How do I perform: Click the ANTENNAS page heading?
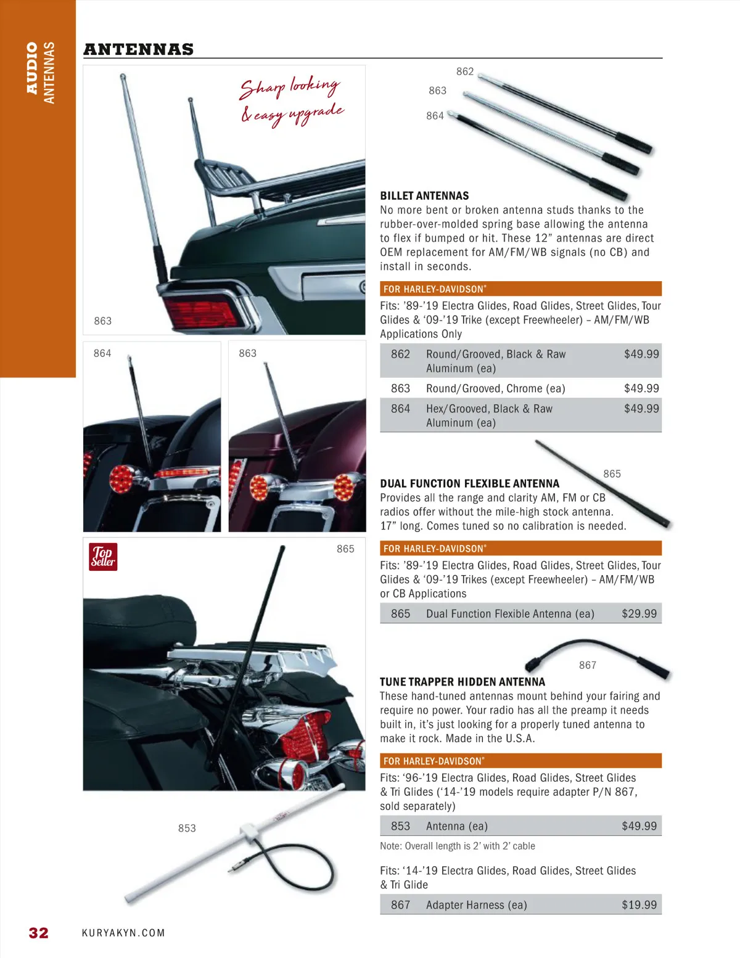139,49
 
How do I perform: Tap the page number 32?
39,933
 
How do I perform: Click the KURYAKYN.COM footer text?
123,933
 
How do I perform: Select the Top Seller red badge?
103,557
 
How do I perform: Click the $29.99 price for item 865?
639,613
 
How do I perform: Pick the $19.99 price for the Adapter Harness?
639,904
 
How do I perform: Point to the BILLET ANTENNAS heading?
424,196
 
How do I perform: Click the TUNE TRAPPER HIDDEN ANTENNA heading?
462,682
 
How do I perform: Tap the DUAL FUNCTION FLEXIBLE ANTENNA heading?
470,484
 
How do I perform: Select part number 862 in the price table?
400,354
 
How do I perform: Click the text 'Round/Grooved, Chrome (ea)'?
495,388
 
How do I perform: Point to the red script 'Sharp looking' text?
290,88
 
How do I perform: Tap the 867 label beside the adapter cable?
588,665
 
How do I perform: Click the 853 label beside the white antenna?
187,828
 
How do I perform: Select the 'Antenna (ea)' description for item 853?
457,826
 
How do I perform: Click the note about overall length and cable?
458,846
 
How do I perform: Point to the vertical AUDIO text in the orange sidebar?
33,67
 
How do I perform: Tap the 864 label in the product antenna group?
435,115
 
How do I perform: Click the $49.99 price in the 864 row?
641,409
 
